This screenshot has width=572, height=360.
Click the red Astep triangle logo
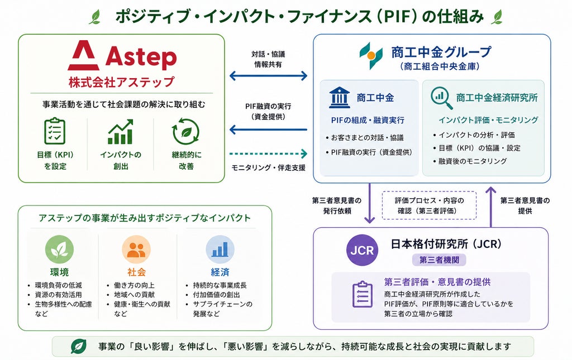click(x=84, y=55)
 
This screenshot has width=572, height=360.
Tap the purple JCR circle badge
click(x=362, y=250)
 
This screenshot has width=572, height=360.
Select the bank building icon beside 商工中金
click(x=339, y=98)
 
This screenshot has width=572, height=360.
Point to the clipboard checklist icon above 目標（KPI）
click(x=55, y=131)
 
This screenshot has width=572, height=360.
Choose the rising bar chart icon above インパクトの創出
click(x=121, y=132)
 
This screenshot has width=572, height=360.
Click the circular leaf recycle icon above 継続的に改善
click(x=185, y=132)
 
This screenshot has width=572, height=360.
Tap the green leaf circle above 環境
click(x=59, y=249)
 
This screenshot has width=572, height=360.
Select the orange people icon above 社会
click(x=136, y=249)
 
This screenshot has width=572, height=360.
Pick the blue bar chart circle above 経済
click(x=220, y=249)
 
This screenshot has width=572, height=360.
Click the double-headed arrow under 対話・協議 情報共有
click(x=268, y=76)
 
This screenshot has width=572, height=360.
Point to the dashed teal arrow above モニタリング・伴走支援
click(x=268, y=153)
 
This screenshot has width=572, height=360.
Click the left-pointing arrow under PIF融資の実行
click(x=268, y=129)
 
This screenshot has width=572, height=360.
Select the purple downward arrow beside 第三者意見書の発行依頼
click(x=370, y=203)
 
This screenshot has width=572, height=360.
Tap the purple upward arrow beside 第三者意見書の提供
click(x=491, y=207)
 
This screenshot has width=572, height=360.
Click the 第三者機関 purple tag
click(x=439, y=260)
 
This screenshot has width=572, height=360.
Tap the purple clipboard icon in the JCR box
click(x=362, y=294)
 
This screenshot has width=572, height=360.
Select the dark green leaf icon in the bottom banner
click(x=78, y=346)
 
